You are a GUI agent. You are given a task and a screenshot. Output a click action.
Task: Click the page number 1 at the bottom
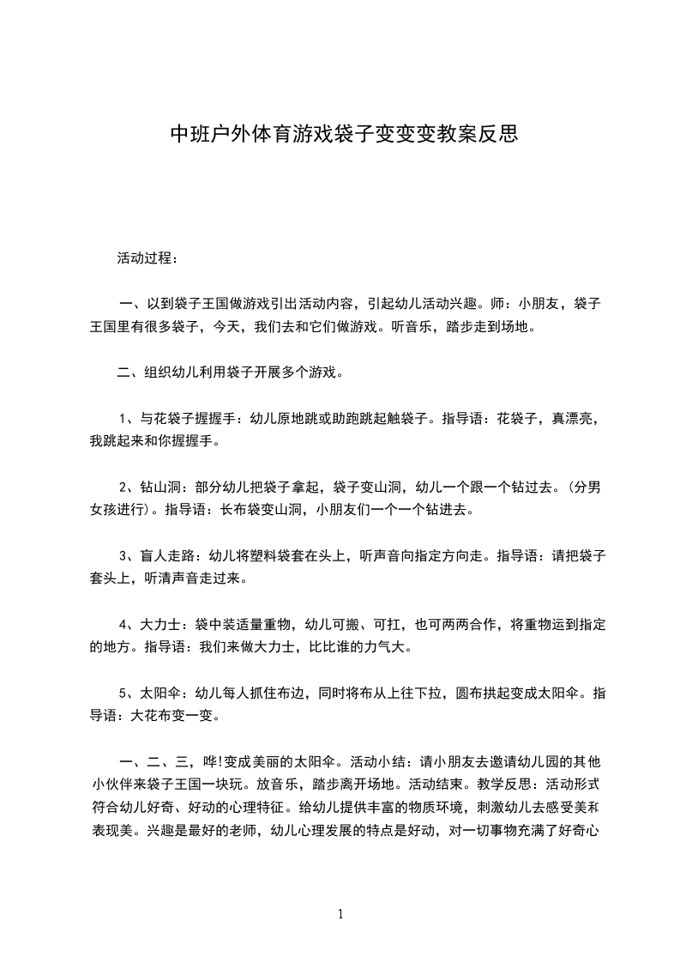coord(340,914)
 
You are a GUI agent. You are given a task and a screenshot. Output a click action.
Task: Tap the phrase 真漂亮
coord(572,419)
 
